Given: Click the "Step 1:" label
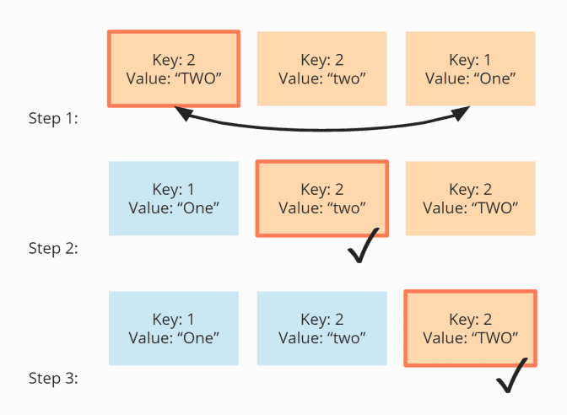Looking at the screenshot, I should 53,119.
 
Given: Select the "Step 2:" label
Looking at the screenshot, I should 53,249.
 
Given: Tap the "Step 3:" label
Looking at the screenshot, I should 53,379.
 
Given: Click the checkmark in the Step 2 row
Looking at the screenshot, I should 364,245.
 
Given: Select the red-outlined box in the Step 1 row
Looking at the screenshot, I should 174,68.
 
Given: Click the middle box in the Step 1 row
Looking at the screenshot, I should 321,68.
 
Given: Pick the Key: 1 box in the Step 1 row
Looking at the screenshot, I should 470,68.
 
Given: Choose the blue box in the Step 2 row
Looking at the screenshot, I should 174,198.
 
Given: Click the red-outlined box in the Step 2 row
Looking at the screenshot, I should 321,198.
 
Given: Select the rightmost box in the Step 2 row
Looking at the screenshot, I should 470,198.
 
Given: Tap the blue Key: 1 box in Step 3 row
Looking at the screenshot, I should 174,328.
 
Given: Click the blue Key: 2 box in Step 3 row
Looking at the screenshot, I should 321,328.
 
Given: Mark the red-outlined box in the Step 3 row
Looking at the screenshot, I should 470,328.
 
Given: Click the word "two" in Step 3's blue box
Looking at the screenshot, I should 346,337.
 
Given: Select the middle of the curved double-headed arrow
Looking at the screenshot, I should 321,130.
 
